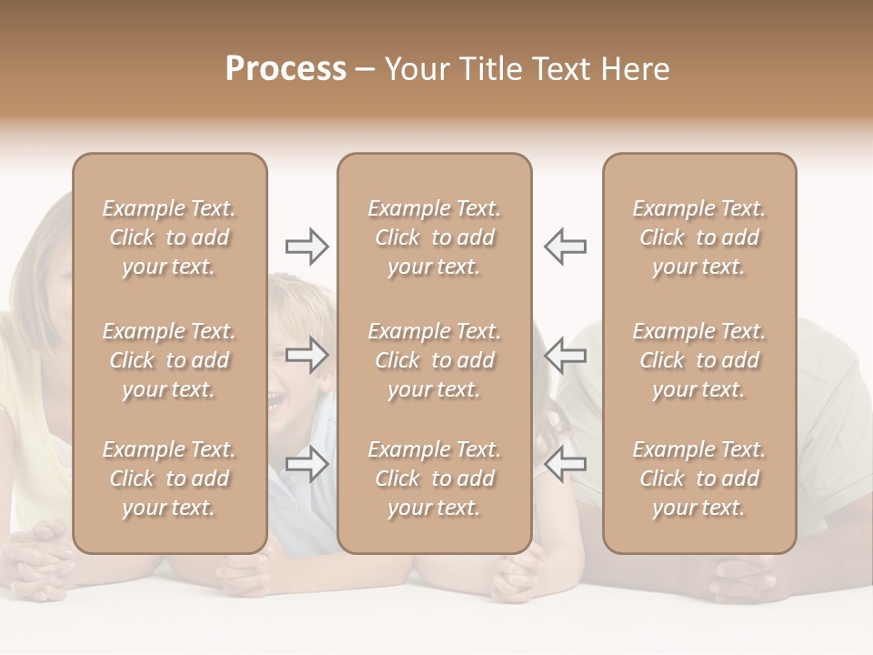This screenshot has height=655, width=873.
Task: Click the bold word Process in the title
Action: click(x=286, y=69)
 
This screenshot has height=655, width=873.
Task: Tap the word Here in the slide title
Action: click(x=636, y=69)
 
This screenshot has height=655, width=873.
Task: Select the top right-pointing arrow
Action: click(x=307, y=246)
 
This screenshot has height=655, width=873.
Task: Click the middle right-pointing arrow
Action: click(x=307, y=355)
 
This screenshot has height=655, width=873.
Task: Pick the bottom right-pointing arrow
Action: click(x=307, y=464)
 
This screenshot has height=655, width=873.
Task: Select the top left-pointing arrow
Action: click(x=565, y=246)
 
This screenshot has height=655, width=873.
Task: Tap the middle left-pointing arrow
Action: click(x=565, y=355)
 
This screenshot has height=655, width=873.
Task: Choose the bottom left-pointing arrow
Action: click(x=565, y=464)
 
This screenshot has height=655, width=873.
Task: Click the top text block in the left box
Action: click(x=169, y=237)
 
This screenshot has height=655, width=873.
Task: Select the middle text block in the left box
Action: click(x=169, y=360)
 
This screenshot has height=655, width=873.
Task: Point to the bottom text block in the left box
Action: click(x=169, y=479)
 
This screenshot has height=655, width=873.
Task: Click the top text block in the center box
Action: click(x=434, y=237)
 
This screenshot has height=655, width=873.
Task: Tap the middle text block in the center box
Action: click(x=434, y=360)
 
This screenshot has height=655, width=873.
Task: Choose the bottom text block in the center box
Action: click(x=434, y=479)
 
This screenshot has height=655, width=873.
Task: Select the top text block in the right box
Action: click(x=698, y=237)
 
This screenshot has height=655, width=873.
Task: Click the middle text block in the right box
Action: click(x=698, y=360)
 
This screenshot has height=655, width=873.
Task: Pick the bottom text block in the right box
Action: click(x=698, y=479)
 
